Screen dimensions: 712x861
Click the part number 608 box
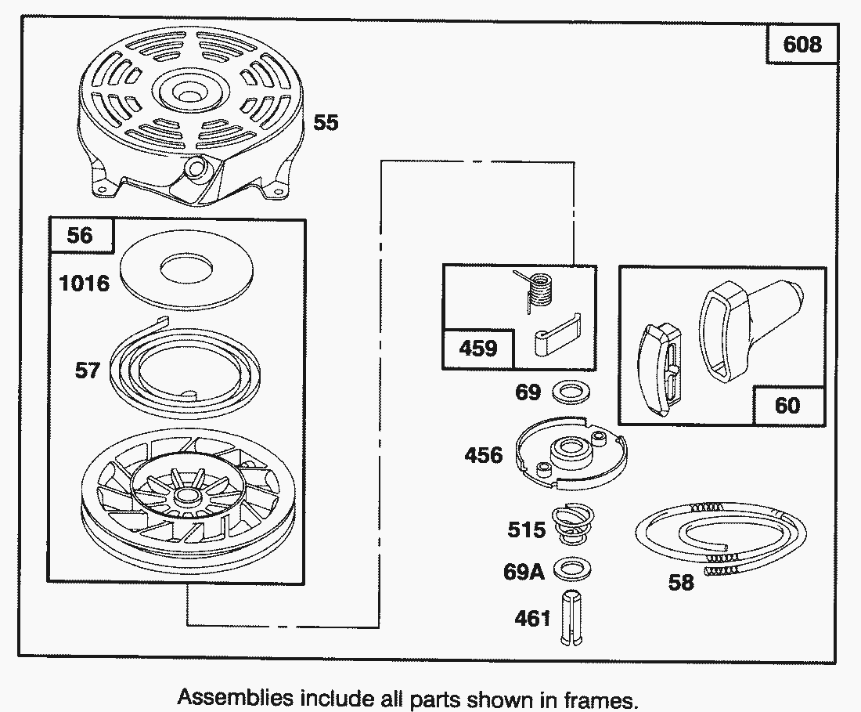pos(802,44)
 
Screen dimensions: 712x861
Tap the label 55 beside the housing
pos(326,122)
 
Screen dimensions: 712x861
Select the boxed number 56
pos(80,235)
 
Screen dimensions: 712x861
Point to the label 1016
pos(85,282)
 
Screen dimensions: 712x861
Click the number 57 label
pos(88,368)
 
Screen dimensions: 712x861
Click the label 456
pos(483,454)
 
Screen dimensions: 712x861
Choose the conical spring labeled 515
pos(573,522)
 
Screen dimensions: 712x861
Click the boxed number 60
pos(787,404)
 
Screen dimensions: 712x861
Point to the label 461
pos(532,618)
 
